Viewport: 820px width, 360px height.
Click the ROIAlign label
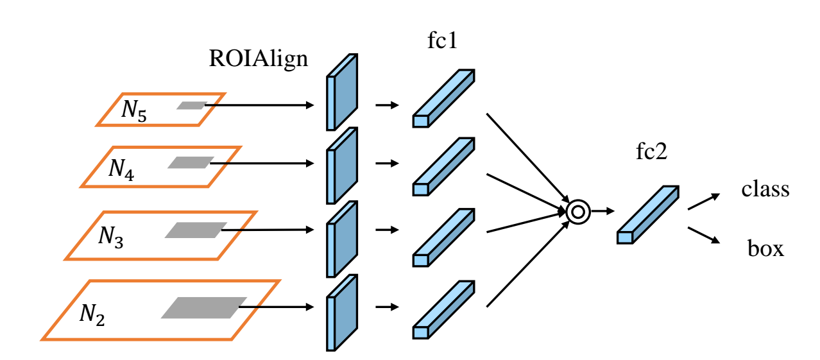(258, 59)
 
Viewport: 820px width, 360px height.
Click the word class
(765, 190)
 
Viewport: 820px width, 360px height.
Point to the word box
(765, 248)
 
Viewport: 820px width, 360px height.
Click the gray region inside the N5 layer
(191, 105)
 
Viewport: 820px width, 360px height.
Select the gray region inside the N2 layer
(204, 307)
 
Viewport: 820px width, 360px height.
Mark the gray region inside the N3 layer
(196, 230)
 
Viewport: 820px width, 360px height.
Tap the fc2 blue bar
(647, 215)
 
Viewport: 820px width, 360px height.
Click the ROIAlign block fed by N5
(341, 92)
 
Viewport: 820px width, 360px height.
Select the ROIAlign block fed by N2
(341, 313)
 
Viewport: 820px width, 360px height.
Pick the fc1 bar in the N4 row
(443, 166)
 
